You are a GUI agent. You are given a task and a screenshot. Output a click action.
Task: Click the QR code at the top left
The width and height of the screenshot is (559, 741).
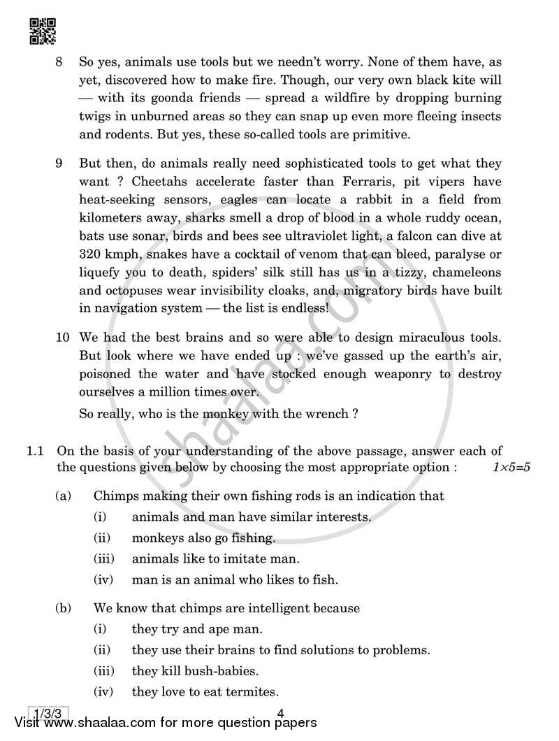click(x=43, y=30)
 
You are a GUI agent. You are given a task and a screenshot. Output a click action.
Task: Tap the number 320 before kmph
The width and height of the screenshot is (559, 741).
click(x=92, y=254)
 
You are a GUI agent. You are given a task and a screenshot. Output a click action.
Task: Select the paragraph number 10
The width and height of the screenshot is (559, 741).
click(x=63, y=338)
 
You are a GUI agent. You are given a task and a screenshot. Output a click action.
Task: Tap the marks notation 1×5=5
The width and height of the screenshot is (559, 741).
click(x=511, y=468)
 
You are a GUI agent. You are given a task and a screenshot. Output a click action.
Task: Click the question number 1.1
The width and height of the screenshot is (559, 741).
click(x=36, y=451)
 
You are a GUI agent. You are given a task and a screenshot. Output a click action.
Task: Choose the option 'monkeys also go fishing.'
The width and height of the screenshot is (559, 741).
click(x=203, y=538)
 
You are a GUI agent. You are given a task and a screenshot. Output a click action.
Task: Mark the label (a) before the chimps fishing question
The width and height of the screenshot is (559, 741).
click(x=64, y=496)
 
